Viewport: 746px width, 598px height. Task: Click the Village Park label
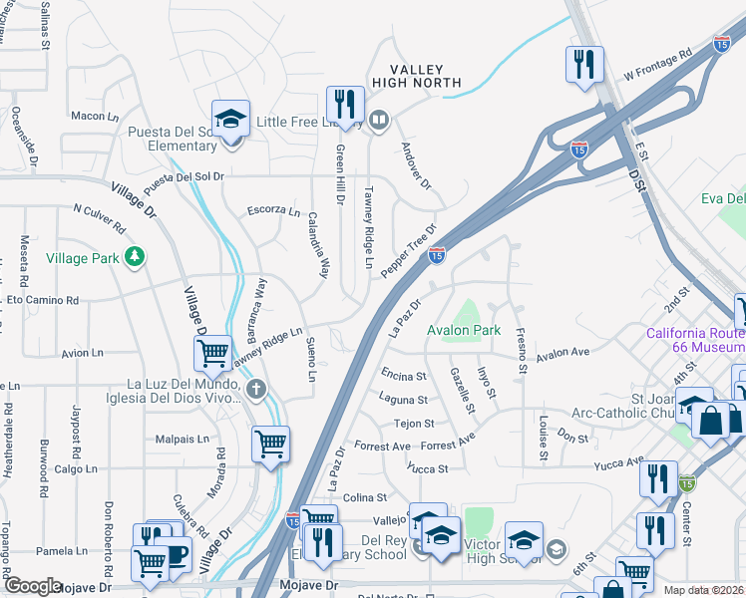(x=83, y=258)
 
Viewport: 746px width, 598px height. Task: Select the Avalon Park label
(x=463, y=330)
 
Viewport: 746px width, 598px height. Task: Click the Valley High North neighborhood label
(x=416, y=76)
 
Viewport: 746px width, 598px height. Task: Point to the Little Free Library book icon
(x=379, y=122)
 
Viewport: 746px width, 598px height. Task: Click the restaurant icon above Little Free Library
(x=345, y=105)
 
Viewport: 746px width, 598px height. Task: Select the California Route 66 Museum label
(x=696, y=340)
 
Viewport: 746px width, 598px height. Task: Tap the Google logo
(x=33, y=586)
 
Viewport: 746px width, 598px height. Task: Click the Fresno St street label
(x=520, y=352)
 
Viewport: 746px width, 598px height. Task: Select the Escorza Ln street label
(x=273, y=211)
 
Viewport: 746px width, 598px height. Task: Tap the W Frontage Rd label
(x=657, y=65)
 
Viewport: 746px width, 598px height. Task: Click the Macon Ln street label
(x=95, y=117)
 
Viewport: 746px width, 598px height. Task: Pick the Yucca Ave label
(x=619, y=463)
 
